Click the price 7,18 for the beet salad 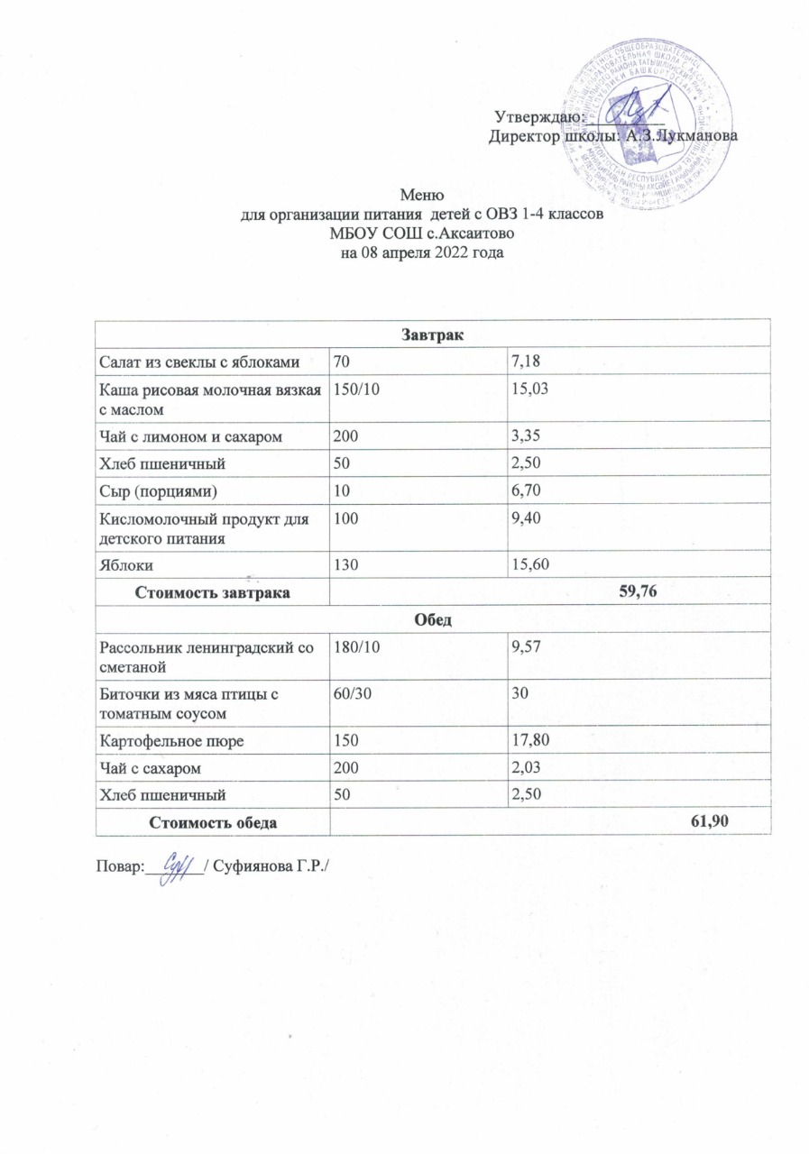click(x=525, y=361)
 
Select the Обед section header click(x=433, y=621)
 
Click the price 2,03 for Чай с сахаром click(x=526, y=768)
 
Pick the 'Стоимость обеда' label click(x=212, y=822)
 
